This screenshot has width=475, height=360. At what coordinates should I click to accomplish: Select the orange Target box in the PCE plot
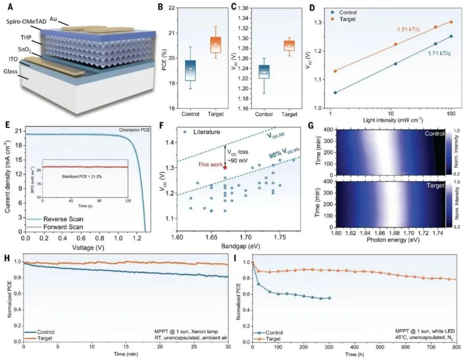pyautogui.click(x=216, y=45)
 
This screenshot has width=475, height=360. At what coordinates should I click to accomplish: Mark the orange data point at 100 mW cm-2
pyautogui.click(x=451, y=22)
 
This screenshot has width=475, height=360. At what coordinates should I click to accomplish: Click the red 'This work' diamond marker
pyautogui.click(x=225, y=167)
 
